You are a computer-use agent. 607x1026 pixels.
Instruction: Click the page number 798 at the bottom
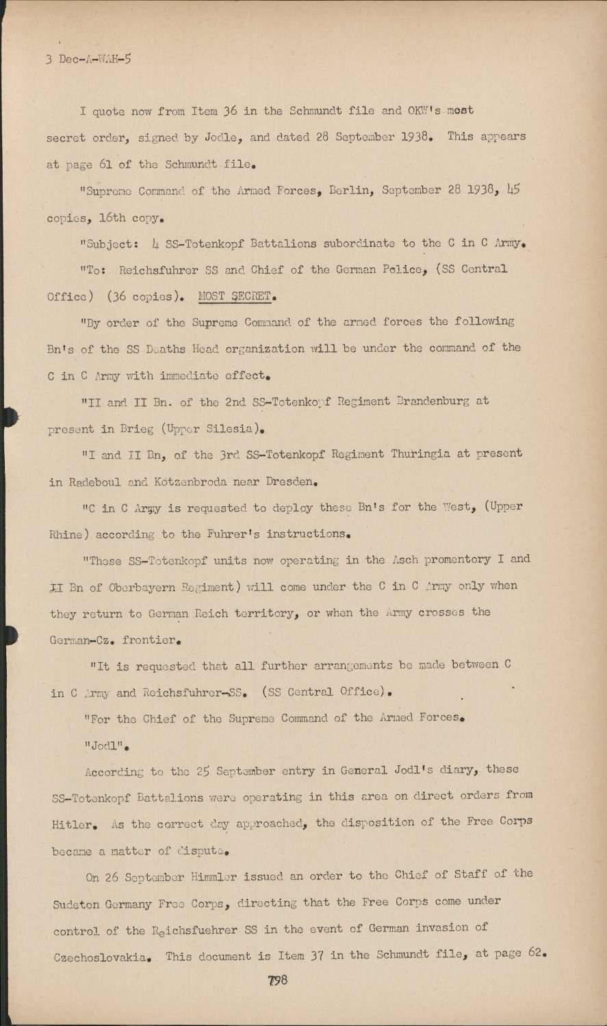click(x=278, y=980)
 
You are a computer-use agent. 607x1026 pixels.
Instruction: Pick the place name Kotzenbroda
click(x=188, y=482)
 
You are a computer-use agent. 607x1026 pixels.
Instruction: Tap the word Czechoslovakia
click(x=106, y=957)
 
